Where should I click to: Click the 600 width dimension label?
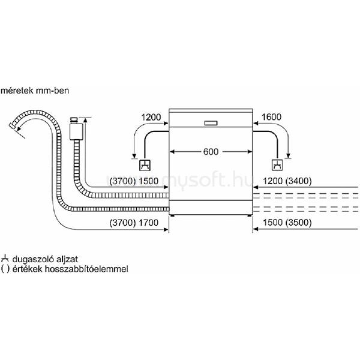[211, 152]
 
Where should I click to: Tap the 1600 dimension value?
[271, 117]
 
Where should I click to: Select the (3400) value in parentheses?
[298, 181]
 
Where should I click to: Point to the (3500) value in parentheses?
[298, 223]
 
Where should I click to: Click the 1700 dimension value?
[149, 223]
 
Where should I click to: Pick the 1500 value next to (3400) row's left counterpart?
[149, 181]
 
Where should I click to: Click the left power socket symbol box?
[145, 165]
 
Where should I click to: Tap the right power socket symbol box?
[277, 165]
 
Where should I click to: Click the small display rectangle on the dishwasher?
[211, 123]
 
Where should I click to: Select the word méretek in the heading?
[17, 91]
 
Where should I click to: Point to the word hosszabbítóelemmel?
[86, 269]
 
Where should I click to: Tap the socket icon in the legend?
[5, 259]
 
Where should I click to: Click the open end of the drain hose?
[12, 126]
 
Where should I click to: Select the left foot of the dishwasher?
[172, 216]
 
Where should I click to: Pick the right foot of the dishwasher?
[249, 216]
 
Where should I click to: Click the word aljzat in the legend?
[67, 259]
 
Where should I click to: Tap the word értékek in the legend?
[28, 269]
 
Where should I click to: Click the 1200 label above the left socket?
[151, 118]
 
